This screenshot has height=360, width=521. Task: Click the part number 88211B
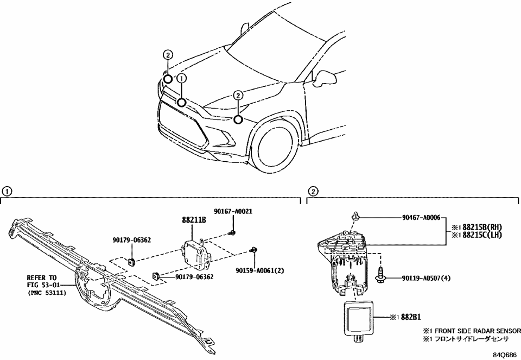click(193, 220)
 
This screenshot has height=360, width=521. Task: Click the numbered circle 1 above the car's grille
click(182, 79)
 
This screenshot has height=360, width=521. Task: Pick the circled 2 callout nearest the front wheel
click(238, 96)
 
